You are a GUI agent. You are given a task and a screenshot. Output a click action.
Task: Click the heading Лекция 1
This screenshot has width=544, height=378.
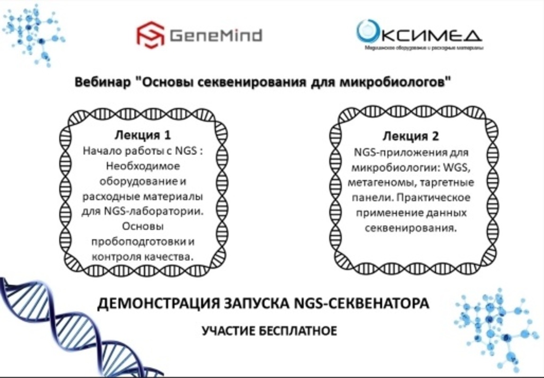pos(142,135)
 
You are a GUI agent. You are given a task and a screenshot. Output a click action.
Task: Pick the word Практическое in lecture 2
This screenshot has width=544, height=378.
pos(444,198)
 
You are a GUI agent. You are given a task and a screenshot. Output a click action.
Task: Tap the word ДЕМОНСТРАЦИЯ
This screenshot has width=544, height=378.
pos(150,303)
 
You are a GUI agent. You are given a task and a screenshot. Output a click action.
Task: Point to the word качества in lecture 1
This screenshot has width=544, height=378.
pos(171,257)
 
